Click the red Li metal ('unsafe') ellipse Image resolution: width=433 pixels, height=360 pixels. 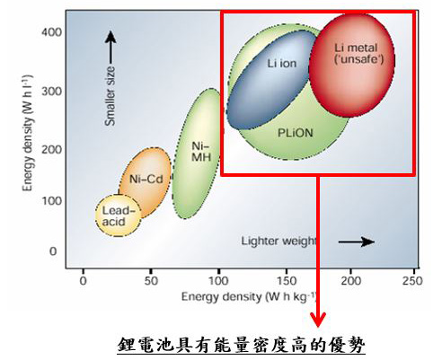pyautogui.click(x=351, y=66)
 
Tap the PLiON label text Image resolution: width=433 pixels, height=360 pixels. pyautogui.click(x=296, y=133)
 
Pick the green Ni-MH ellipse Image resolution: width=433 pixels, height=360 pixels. pyautogui.click(x=196, y=154)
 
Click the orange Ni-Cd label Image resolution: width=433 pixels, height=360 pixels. pyautogui.click(x=146, y=180)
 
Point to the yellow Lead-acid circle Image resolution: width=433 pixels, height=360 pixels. pyautogui.click(x=118, y=215)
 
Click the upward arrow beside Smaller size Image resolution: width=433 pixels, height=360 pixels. pyautogui.click(x=111, y=48)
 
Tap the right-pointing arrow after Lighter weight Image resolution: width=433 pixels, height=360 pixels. pyautogui.click(x=357, y=241)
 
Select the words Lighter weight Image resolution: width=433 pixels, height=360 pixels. pyautogui.click(x=278, y=241)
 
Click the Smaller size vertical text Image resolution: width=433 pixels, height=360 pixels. pyautogui.click(x=110, y=96)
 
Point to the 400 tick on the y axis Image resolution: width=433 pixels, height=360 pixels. pyautogui.click(x=51, y=32)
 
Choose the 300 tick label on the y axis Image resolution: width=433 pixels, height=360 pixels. pyautogui.click(x=51, y=92)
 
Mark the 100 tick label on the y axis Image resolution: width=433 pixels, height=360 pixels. pyautogui.click(x=51, y=201)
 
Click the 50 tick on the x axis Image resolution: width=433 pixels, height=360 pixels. pyautogui.click(x=151, y=281)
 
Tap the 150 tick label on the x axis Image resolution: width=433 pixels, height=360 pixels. pyautogui.click(x=287, y=281)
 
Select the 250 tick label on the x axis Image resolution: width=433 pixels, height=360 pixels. pyautogui.click(x=412, y=281)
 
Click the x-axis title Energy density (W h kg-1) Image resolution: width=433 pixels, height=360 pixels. pyautogui.click(x=249, y=297)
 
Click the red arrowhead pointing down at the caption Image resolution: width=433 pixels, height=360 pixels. pyautogui.click(x=318, y=320)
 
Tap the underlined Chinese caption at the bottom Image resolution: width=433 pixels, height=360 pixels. pyautogui.click(x=242, y=345)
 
